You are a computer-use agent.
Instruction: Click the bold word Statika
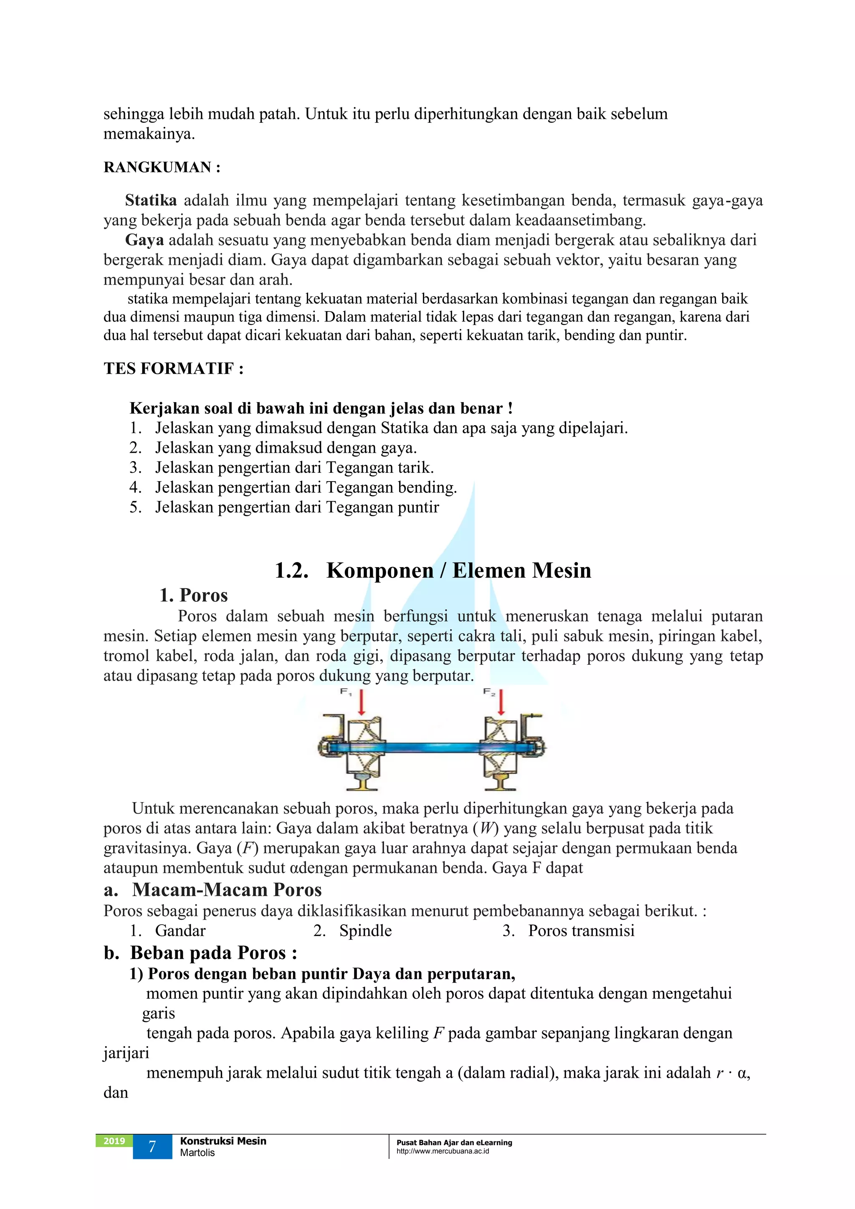(x=151, y=200)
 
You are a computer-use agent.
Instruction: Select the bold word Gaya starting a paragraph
(x=144, y=240)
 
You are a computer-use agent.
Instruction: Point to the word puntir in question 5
(x=419, y=507)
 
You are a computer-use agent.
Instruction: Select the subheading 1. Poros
(x=193, y=596)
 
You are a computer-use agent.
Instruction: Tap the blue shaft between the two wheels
(x=432, y=747)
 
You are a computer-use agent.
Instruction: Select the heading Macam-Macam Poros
(x=226, y=890)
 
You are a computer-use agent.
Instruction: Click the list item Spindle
(x=365, y=931)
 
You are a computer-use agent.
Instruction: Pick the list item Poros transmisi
(x=581, y=931)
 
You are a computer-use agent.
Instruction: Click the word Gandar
(x=180, y=931)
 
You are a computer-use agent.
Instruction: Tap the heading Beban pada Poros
(x=213, y=953)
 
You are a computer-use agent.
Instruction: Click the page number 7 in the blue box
(x=152, y=1147)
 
